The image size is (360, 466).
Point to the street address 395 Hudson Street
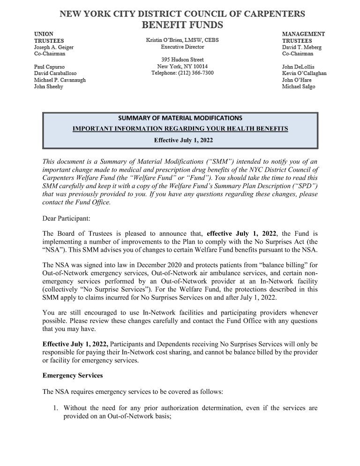click(x=182, y=60)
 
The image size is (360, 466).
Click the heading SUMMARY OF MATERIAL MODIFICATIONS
click(x=180, y=118)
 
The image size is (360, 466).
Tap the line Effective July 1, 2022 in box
click(x=180, y=140)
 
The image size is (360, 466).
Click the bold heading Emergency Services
click(x=72, y=376)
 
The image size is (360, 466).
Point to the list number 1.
click(x=55, y=408)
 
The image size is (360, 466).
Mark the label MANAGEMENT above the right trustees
click(x=303, y=34)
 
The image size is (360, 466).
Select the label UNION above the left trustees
click(x=44, y=34)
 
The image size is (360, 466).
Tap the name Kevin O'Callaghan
click(x=304, y=74)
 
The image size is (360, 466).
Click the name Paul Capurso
click(x=50, y=67)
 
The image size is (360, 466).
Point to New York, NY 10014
click(x=182, y=67)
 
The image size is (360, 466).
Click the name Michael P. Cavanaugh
click(x=60, y=80)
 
